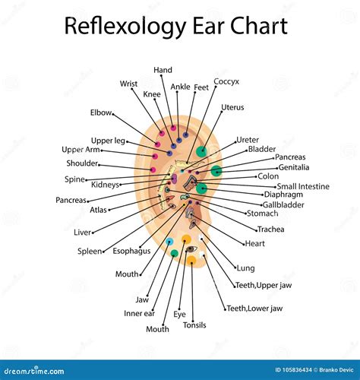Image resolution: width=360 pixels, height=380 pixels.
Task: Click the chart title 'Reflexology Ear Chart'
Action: pyautogui.click(x=176, y=27)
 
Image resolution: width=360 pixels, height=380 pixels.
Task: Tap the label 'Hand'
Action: pyautogui.click(x=163, y=70)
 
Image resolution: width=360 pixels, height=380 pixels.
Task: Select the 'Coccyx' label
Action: pyautogui.click(x=226, y=81)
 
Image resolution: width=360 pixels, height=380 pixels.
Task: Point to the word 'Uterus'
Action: pyautogui.click(x=232, y=107)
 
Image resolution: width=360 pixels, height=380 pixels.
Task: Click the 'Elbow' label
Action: pyautogui.click(x=100, y=112)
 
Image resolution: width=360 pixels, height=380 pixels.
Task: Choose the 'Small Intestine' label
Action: pyautogui.click(x=302, y=186)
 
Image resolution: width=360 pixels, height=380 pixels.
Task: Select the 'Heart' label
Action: pyautogui.click(x=254, y=244)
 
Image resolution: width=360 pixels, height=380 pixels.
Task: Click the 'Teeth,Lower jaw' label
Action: pyautogui.click(x=254, y=308)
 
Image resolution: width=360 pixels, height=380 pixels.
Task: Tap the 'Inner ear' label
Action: pyautogui.click(x=139, y=313)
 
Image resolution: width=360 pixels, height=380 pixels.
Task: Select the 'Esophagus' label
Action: pyautogui.click(x=131, y=249)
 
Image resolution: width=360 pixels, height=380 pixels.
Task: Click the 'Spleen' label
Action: pyautogui.click(x=90, y=251)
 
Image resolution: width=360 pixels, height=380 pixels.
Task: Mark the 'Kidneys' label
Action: pyautogui.click(x=105, y=185)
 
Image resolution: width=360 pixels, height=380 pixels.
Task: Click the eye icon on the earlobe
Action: pyautogui.click(x=191, y=249)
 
